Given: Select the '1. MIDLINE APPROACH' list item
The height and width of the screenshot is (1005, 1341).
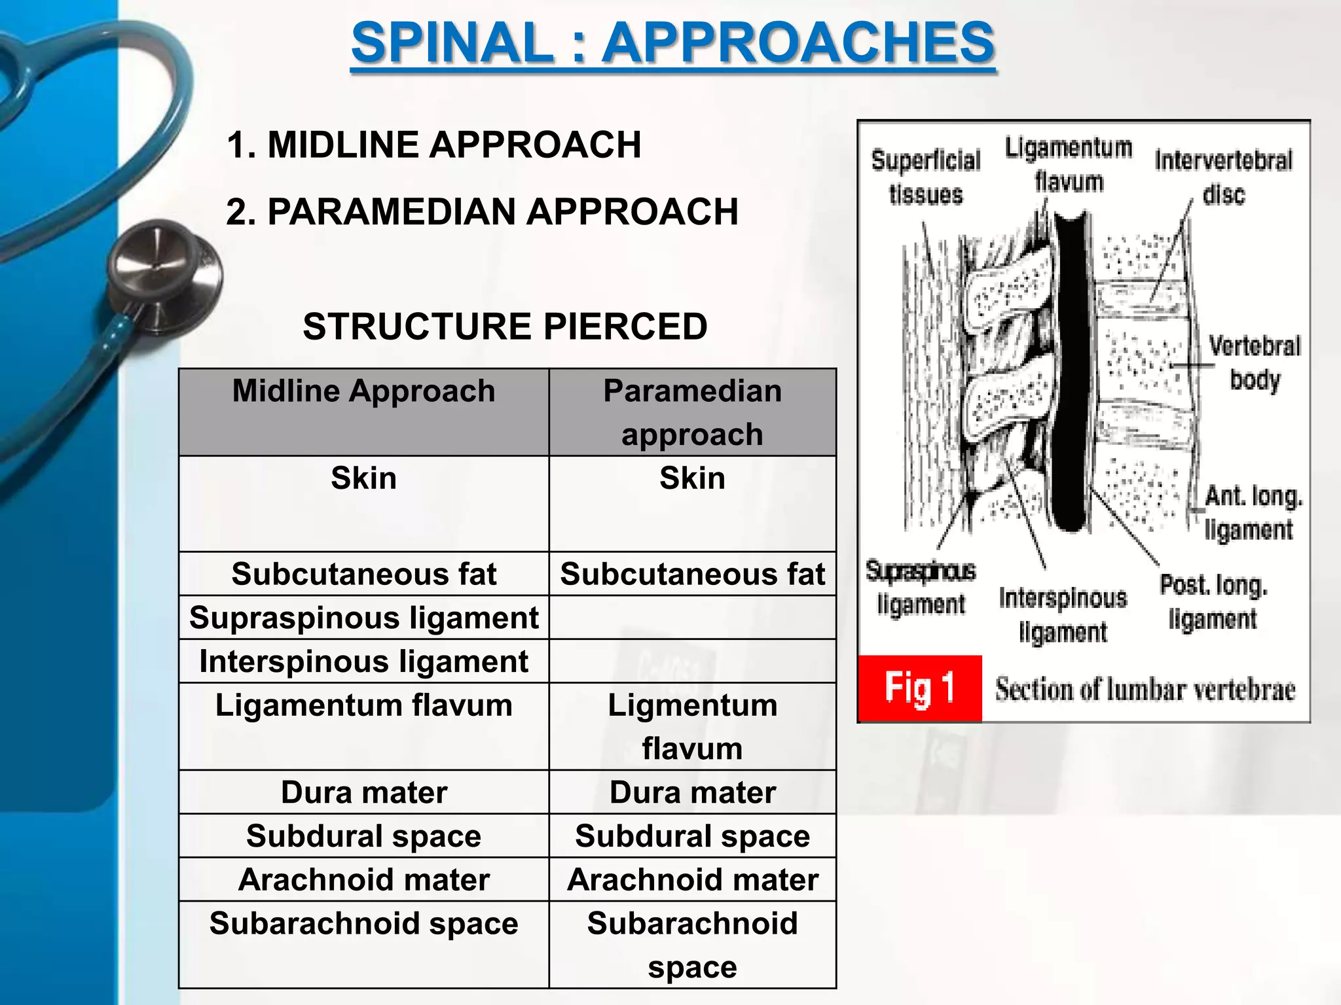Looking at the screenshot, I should (433, 145).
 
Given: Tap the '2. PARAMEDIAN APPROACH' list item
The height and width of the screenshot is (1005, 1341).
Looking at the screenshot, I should (482, 212).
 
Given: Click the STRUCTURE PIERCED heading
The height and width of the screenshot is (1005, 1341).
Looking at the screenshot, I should (505, 326).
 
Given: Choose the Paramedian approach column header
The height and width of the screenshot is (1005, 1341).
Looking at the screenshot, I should (692, 412).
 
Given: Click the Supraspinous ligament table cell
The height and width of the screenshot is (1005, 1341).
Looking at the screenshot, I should (364, 618).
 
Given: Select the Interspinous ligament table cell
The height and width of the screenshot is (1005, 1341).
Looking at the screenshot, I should (364, 661).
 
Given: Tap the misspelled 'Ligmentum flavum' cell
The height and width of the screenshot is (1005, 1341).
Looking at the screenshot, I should (692, 726).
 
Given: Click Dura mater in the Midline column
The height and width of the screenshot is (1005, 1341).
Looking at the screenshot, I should (364, 792).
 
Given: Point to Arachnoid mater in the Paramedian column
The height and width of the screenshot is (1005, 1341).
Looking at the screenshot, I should (692, 879).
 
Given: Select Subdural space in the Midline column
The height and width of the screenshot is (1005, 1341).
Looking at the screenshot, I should (364, 836).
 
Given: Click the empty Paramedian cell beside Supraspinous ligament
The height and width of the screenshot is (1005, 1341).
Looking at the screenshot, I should (692, 618).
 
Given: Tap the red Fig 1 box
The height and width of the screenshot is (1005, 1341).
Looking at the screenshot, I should (919, 688).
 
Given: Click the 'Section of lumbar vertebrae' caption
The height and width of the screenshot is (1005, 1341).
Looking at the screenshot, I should (1145, 690).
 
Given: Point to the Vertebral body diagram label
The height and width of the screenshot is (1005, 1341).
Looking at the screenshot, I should (1254, 363).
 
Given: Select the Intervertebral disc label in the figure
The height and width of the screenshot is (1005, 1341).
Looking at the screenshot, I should (1223, 177).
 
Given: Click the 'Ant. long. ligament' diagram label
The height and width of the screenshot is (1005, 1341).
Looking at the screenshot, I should (1252, 513).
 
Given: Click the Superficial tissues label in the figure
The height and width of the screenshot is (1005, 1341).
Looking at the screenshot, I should (925, 177).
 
